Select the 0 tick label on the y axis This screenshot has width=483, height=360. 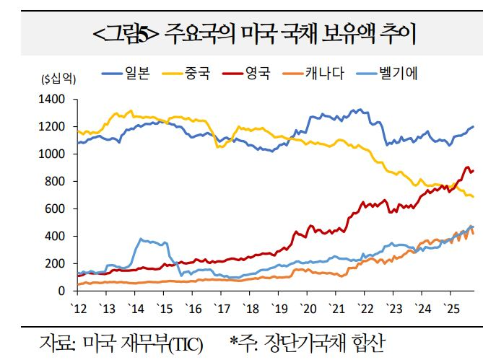click(x=64, y=291)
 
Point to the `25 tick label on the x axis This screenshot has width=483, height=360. click(x=451, y=308)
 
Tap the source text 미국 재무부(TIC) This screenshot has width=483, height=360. click(x=144, y=341)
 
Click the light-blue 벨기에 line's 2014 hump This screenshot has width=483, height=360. click(x=142, y=240)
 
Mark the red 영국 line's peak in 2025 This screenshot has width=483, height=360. click(x=467, y=167)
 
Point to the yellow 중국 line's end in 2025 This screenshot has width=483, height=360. click(x=473, y=196)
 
